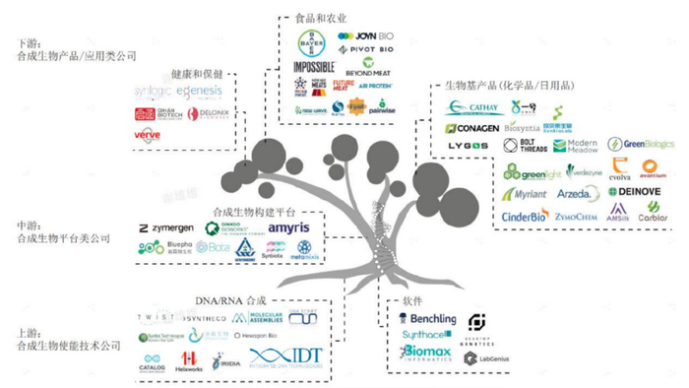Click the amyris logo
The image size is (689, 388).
click(x=289, y=227)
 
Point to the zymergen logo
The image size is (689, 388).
click(x=166, y=227)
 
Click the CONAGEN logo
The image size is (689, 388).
click(x=471, y=128)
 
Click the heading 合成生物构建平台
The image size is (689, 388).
click(x=254, y=211)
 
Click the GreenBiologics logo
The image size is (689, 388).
click(x=642, y=144)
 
